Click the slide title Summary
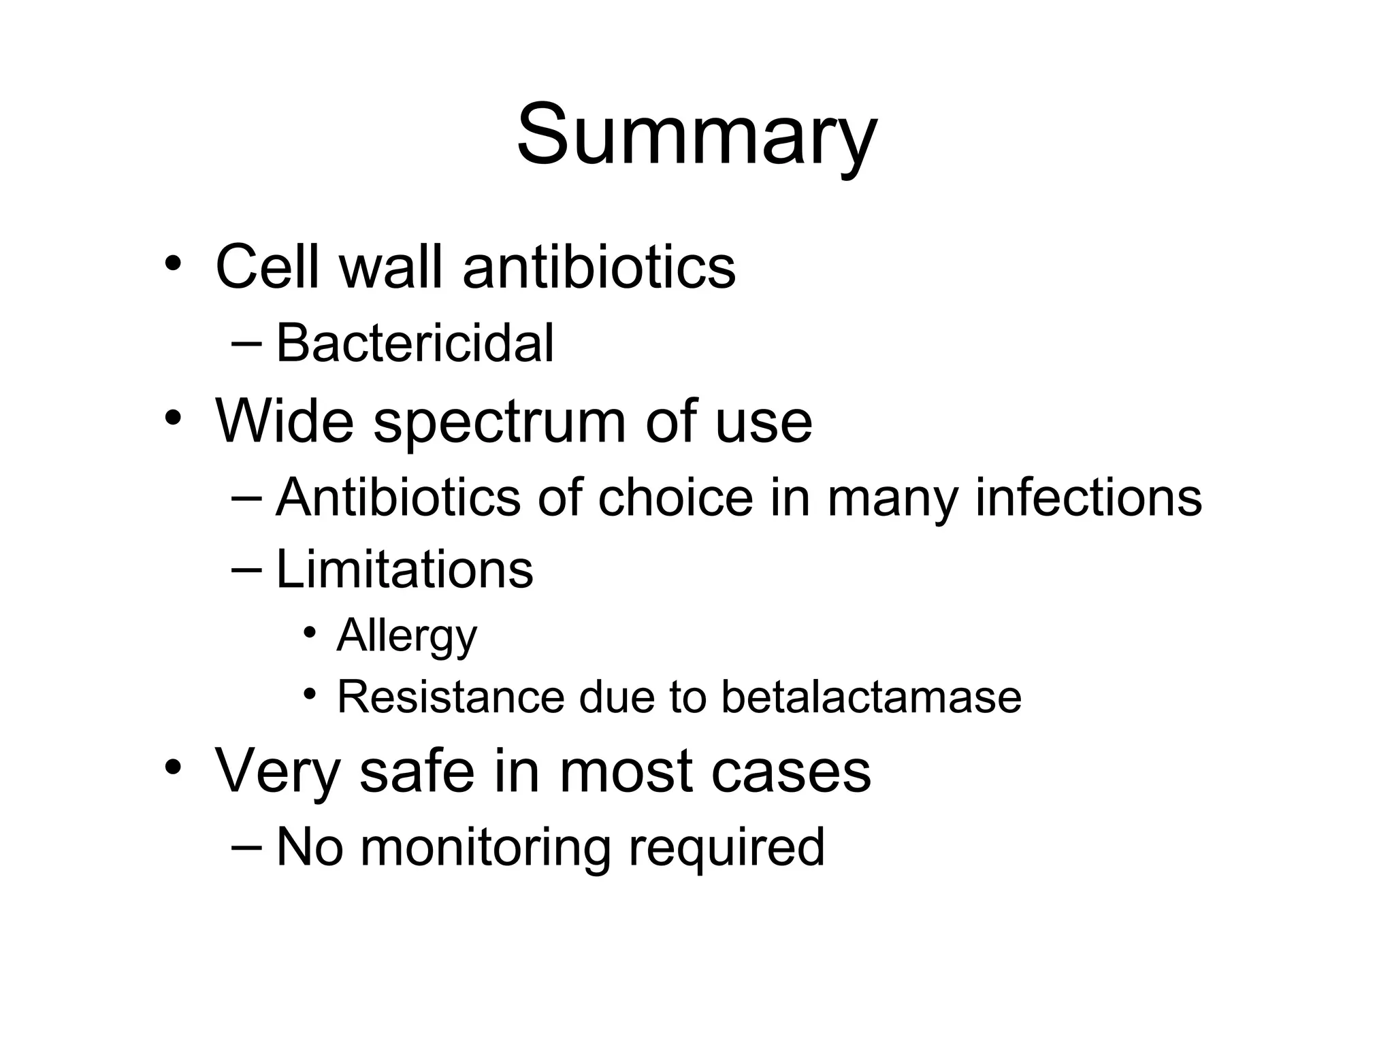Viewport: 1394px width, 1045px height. pyautogui.click(x=696, y=134)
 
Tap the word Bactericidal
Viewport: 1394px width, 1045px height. pyautogui.click(x=415, y=343)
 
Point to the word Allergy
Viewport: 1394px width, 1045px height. pyautogui.click(x=407, y=636)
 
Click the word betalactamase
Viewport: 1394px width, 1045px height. pyautogui.click(x=871, y=697)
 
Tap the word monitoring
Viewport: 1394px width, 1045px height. pyautogui.click(x=485, y=847)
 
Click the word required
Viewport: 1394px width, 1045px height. pyautogui.click(x=726, y=848)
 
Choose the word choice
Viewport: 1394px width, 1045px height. pyautogui.click(x=675, y=497)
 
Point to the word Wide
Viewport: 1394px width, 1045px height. pyautogui.click(x=285, y=420)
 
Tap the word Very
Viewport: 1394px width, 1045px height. pyautogui.click(x=277, y=772)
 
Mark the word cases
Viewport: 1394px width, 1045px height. pyautogui.click(x=790, y=772)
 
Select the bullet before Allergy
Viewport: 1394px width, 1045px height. pyautogui.click(x=310, y=633)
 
